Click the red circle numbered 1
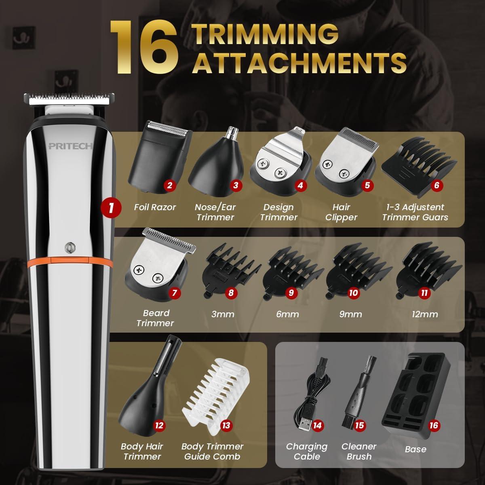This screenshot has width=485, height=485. click(x=111, y=208)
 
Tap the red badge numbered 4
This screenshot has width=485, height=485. click(x=299, y=186)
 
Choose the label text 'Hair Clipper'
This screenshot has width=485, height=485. click(x=342, y=212)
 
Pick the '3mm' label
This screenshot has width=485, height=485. click(x=223, y=314)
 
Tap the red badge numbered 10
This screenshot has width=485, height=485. click(x=353, y=292)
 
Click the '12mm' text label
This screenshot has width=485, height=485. click(x=425, y=314)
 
